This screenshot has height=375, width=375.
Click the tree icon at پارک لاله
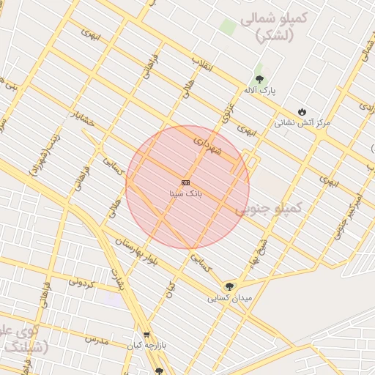coord(259,78)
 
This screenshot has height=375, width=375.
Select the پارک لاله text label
coord(260,90)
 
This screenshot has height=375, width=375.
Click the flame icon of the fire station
coord(302,111)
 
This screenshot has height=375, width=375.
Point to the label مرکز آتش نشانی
coord(302,123)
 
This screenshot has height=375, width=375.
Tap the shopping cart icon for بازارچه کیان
coord(146,333)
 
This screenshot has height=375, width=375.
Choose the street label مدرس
coord(96,340)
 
